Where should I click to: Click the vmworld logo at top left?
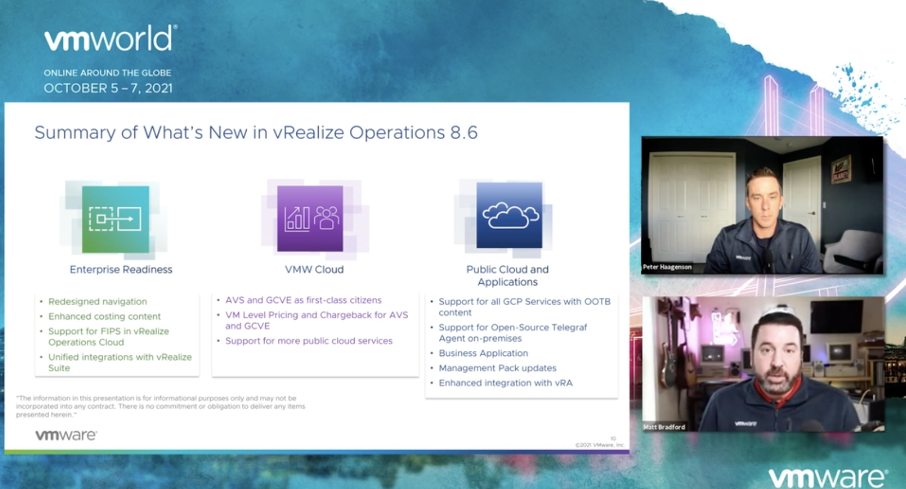(x=110, y=39)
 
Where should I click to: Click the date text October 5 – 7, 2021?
(x=108, y=88)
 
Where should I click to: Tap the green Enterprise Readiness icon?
(x=115, y=219)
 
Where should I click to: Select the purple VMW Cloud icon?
(x=310, y=218)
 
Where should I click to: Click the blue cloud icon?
(x=509, y=216)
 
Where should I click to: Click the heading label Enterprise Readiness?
(x=121, y=270)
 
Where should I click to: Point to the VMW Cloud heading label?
(x=314, y=270)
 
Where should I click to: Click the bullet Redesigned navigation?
(x=97, y=302)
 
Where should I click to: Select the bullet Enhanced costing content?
(x=104, y=317)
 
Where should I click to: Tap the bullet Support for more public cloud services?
(x=308, y=341)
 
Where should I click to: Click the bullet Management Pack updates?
(x=497, y=368)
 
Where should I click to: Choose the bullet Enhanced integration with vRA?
(x=505, y=383)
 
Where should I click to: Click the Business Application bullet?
(x=483, y=354)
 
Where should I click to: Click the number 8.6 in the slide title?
(x=464, y=133)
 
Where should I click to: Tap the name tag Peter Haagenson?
(x=667, y=267)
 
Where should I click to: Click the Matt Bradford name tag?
(x=664, y=427)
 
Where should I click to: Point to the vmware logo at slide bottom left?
(x=66, y=435)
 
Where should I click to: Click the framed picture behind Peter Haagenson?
(x=841, y=170)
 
